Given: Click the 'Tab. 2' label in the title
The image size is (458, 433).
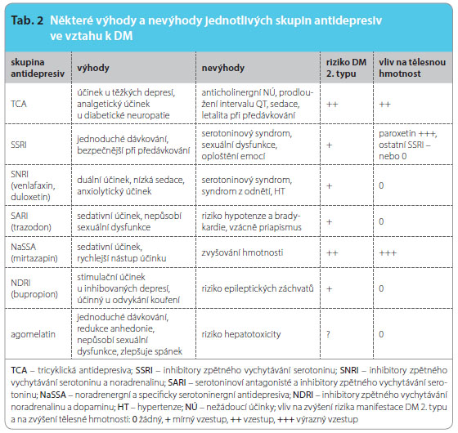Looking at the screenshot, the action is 27,20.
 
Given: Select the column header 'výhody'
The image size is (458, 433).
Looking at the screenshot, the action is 93,68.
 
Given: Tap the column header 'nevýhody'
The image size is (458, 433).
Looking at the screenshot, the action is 222,68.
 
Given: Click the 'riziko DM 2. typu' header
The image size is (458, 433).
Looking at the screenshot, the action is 346,68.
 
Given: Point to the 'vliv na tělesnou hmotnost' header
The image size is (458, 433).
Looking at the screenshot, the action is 412,68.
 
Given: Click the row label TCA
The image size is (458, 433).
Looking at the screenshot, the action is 19,104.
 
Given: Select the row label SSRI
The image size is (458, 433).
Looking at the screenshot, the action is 19,145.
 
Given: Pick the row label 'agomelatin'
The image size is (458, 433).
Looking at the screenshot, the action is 33,334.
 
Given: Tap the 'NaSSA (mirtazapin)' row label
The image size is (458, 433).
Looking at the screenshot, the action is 34,252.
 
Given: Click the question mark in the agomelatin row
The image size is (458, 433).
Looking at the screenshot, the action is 328,334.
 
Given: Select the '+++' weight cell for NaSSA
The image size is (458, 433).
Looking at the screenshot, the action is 388,252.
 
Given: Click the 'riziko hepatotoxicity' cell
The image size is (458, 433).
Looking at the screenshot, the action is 241,334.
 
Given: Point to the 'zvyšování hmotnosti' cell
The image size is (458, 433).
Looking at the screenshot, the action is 242,252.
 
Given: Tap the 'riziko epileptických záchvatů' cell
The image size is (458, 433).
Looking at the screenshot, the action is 258,288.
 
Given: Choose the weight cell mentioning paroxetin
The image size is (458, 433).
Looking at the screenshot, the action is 408,145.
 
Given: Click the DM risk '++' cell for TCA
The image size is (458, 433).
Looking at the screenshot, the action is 332,105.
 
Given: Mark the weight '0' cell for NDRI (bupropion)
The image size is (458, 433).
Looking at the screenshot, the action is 381,288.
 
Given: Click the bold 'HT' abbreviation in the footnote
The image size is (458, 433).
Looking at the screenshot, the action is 123,407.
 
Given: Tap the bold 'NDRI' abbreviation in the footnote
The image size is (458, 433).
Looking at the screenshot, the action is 303,395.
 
